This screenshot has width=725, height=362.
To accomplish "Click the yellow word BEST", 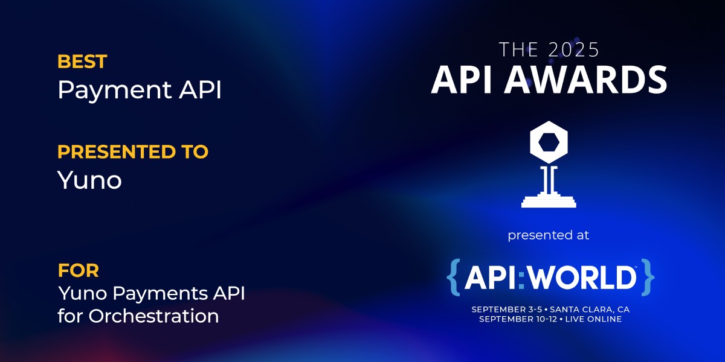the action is [x=82, y=62].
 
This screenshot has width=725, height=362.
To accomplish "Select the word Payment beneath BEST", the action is [x=115, y=90].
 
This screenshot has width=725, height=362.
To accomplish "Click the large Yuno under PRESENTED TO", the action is [x=89, y=180].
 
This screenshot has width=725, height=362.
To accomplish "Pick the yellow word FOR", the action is [x=79, y=270].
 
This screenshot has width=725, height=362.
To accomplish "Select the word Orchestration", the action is [x=153, y=316].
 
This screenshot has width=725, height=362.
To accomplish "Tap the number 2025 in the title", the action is [x=574, y=49].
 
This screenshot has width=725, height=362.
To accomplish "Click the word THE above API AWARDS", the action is [x=519, y=49].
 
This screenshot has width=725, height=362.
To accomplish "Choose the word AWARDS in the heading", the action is [x=586, y=80].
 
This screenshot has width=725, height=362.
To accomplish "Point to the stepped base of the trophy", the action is [x=549, y=200].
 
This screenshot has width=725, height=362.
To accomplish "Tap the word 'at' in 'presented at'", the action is [x=582, y=235].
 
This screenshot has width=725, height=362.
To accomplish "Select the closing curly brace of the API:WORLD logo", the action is [x=648, y=277].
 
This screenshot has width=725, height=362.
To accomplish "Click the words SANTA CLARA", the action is [x=581, y=310].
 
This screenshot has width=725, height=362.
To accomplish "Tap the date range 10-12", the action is [x=547, y=319].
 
